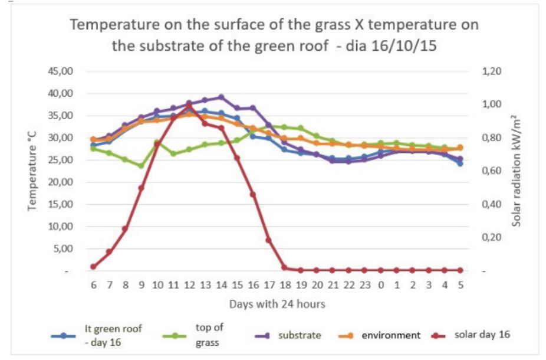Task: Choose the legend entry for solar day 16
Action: [x=482, y=335]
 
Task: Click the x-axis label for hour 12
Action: [x=189, y=284]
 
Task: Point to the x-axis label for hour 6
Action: [x=93, y=284]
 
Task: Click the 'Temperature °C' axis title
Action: [x=33, y=171]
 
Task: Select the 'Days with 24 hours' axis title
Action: [x=277, y=305]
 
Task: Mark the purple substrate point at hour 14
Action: [x=221, y=97]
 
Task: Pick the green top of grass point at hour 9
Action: [x=142, y=166]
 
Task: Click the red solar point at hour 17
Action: [x=269, y=240]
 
